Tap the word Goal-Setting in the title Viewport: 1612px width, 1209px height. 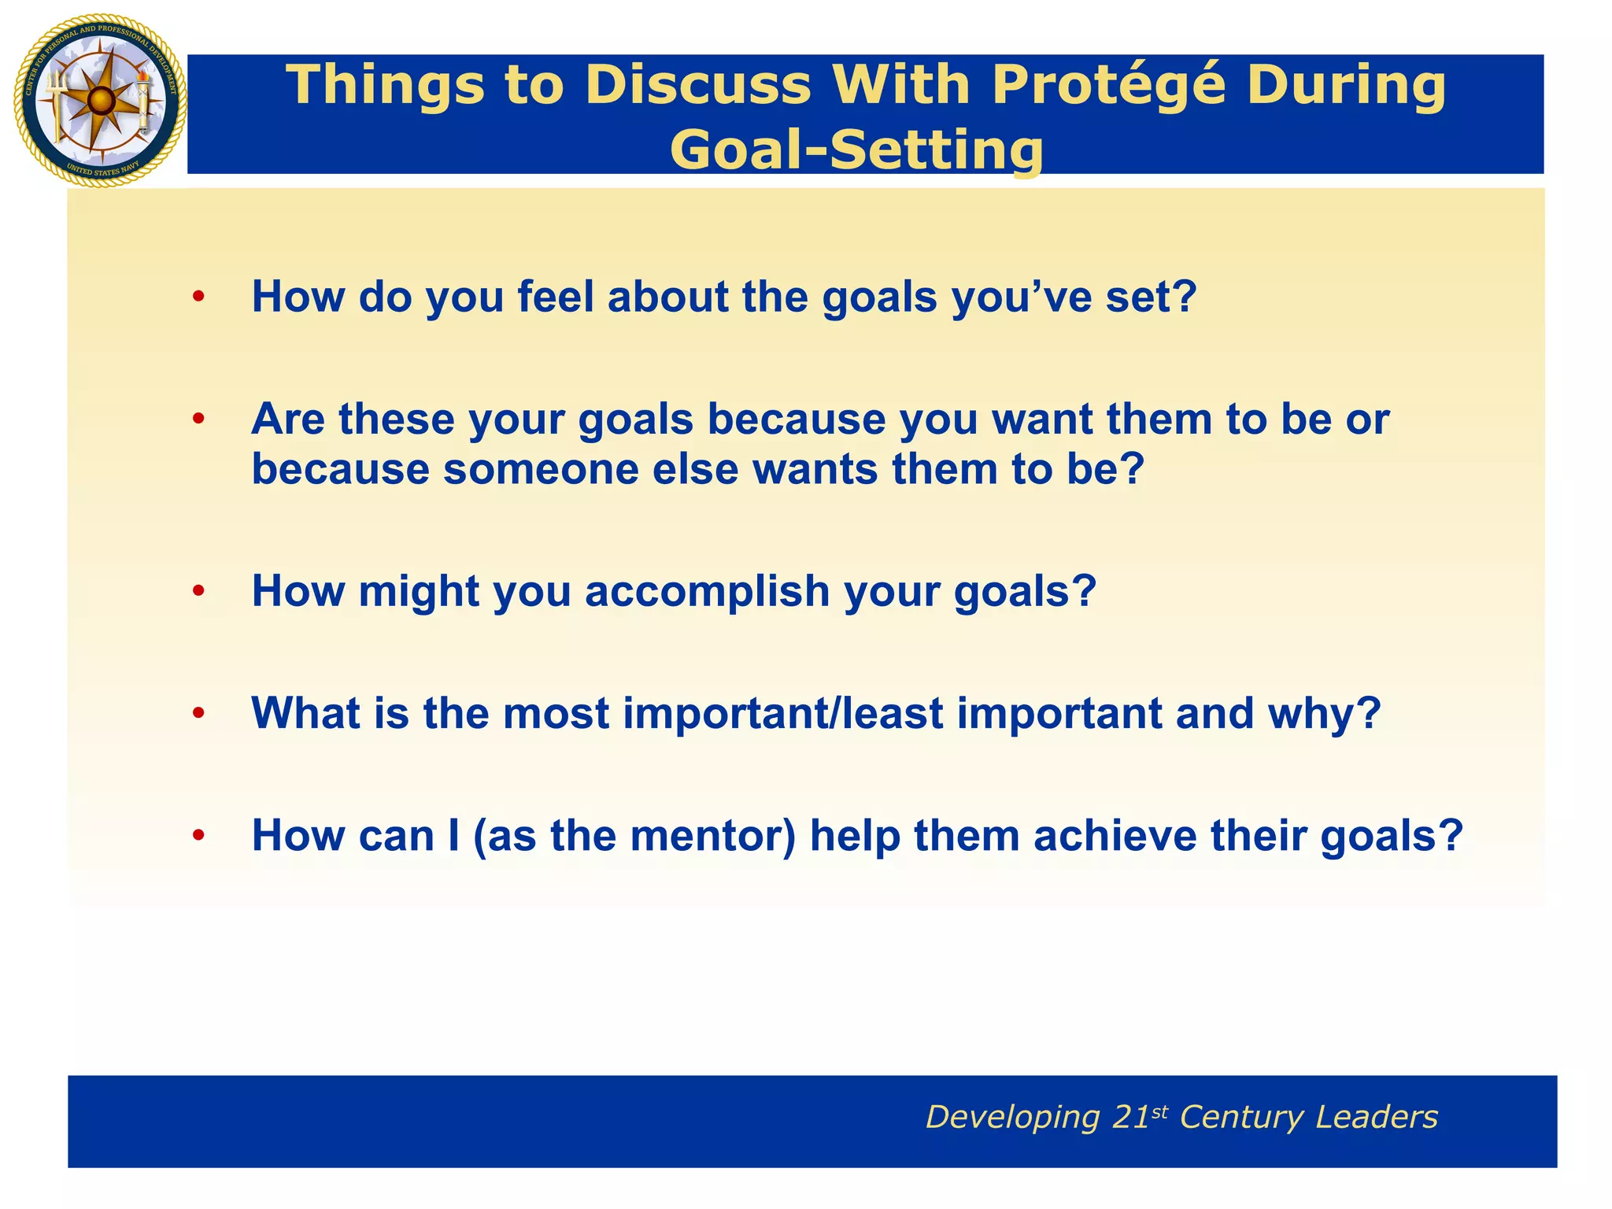click(x=856, y=150)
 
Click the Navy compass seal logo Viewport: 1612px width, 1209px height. click(x=100, y=101)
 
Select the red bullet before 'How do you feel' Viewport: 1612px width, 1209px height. click(x=198, y=298)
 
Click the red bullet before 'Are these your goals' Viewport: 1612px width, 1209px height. click(x=198, y=420)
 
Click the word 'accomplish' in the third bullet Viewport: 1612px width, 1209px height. click(x=707, y=592)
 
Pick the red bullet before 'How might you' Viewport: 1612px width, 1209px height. click(x=198, y=591)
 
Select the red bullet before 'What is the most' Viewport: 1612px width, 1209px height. click(x=198, y=713)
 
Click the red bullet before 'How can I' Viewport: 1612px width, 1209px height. click(x=198, y=836)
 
